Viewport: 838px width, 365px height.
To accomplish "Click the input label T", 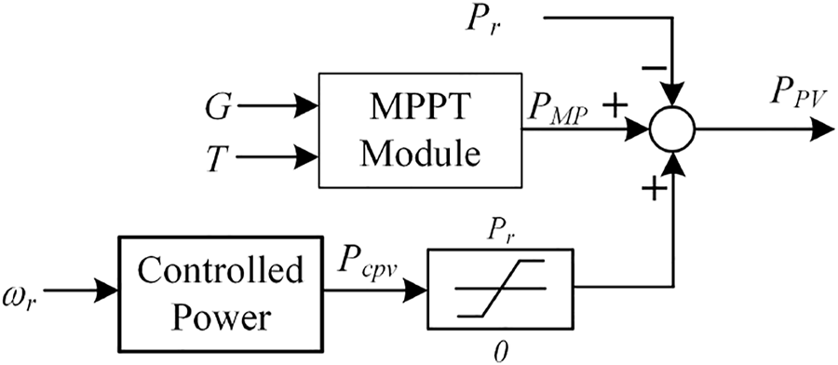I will click(x=217, y=157).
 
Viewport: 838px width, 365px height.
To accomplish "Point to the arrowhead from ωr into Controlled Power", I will click(x=105, y=291).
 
